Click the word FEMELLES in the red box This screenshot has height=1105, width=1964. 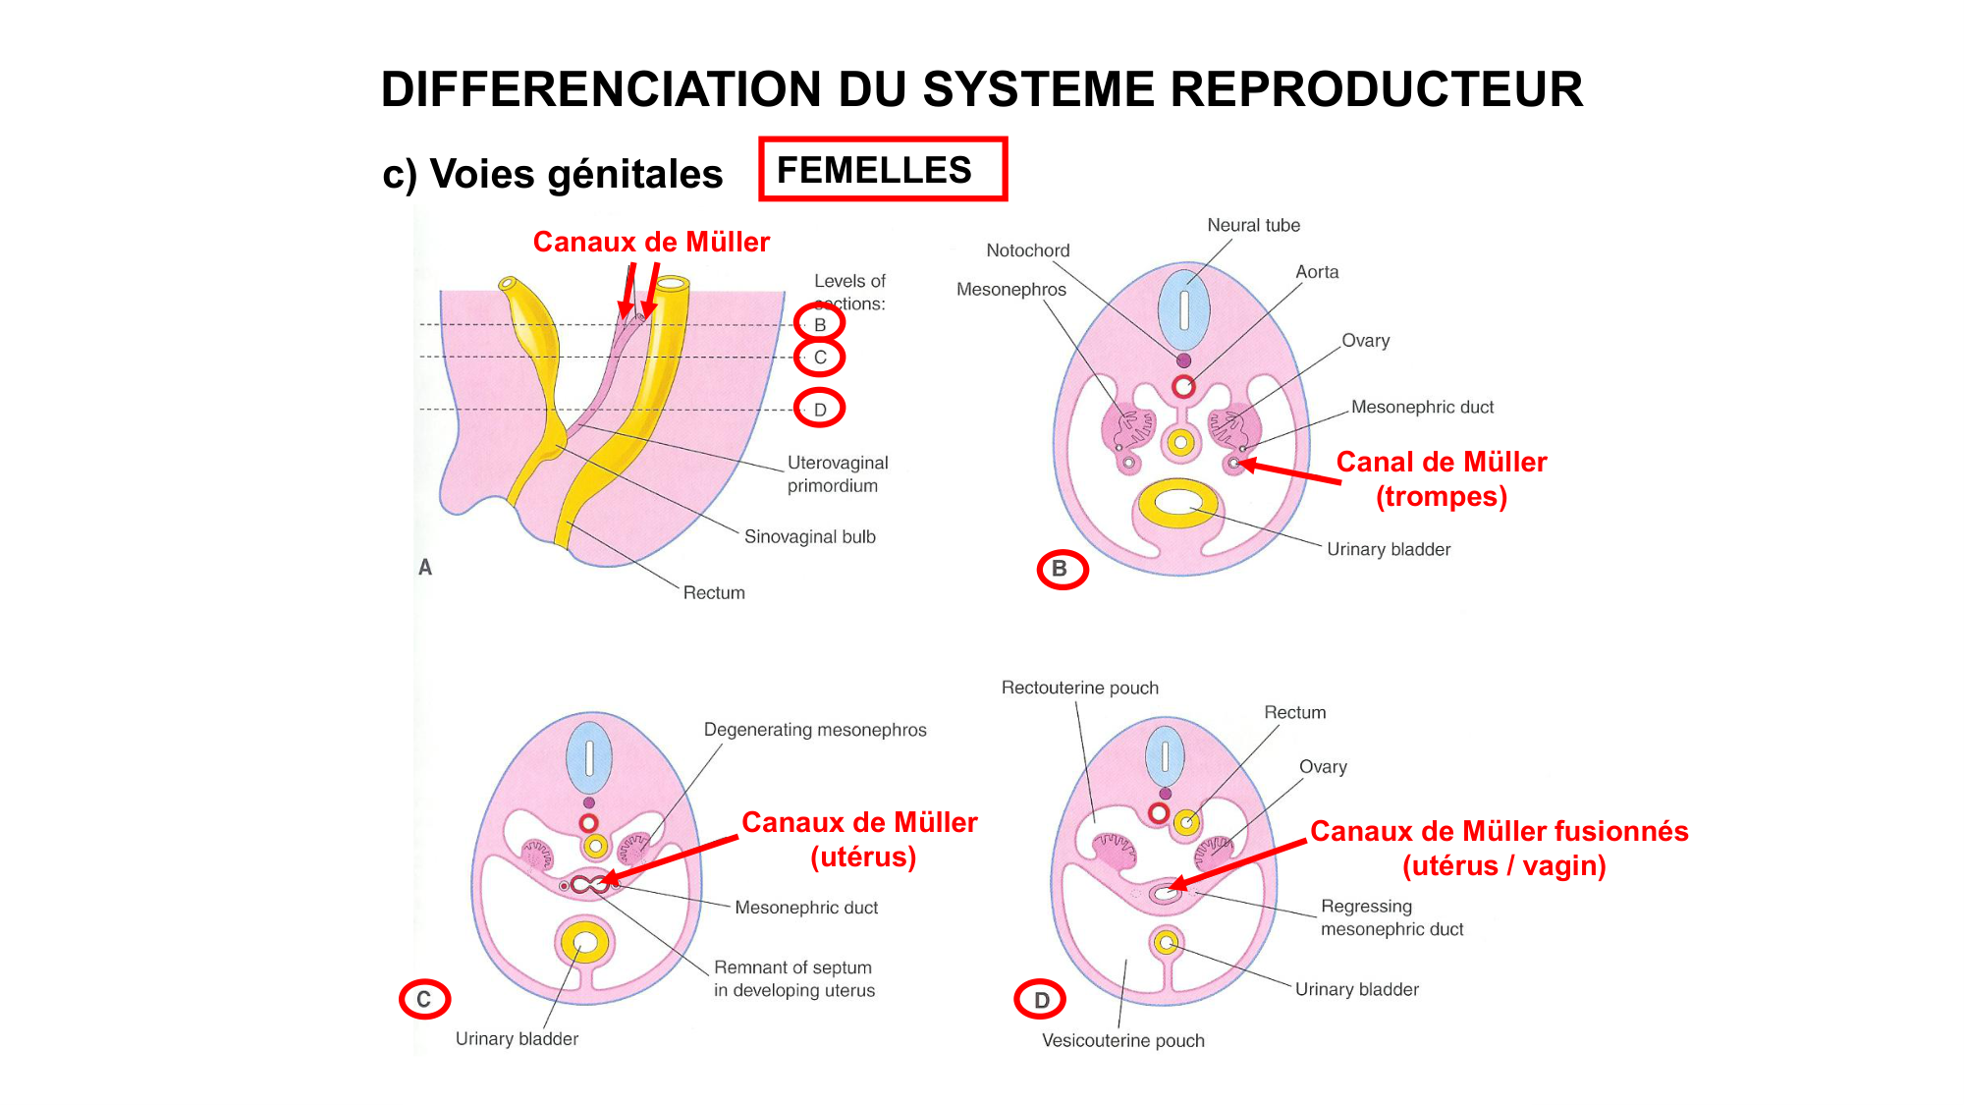tap(873, 170)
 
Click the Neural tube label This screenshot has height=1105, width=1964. tap(1253, 225)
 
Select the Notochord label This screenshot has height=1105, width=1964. tap(1027, 250)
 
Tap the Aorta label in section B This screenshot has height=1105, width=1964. tap(1316, 272)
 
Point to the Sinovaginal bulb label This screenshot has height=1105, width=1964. tap(809, 536)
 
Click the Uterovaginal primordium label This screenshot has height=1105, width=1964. tap(837, 473)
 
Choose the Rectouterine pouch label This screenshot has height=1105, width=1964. tap(1079, 688)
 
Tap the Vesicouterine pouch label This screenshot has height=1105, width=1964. tap(1122, 1040)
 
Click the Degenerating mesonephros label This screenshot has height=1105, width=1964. tap(814, 730)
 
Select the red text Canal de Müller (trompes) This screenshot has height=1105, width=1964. tap(1441, 478)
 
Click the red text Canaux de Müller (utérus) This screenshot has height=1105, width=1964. tap(859, 839)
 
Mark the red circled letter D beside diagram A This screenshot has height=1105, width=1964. tap(819, 409)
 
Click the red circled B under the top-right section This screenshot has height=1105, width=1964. tap(1062, 569)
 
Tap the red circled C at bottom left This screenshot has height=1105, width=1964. tap(423, 999)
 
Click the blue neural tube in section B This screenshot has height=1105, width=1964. tap(1183, 309)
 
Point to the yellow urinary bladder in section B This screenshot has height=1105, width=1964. tap(1177, 503)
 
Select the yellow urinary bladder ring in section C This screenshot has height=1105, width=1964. tap(584, 944)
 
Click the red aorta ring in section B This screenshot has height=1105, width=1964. tap(1183, 386)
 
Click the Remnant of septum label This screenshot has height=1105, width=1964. tap(793, 978)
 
